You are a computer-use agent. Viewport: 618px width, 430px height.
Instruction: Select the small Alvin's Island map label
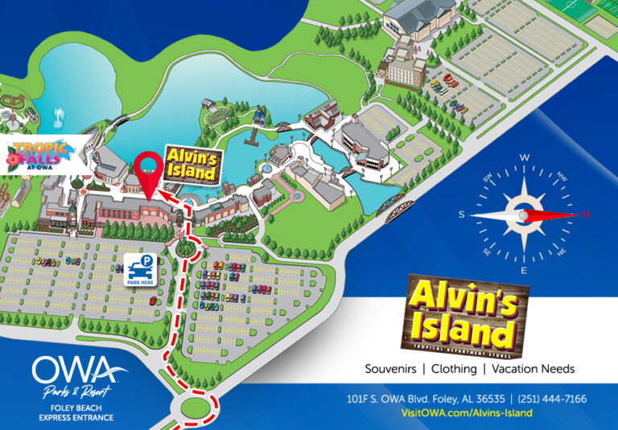(192, 163)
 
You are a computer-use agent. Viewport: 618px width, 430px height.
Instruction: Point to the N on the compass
(586, 215)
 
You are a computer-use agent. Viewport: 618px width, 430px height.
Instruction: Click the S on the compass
(462, 215)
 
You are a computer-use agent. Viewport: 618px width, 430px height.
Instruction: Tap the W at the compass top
(524, 158)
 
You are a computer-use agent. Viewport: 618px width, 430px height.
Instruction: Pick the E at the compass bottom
(524, 271)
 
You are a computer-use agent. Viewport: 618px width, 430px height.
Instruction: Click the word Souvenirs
(391, 369)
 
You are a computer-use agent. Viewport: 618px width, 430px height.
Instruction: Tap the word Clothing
(455, 369)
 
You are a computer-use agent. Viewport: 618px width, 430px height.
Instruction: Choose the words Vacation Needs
(533, 369)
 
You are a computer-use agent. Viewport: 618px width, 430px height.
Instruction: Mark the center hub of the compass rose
(524, 215)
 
